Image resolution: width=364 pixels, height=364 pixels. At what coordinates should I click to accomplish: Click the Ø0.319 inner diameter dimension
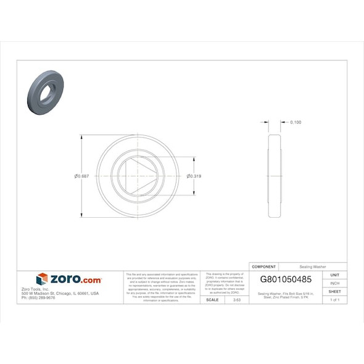194,176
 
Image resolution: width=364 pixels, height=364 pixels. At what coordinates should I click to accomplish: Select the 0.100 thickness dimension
296,122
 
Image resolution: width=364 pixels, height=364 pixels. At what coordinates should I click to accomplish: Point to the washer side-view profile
276,176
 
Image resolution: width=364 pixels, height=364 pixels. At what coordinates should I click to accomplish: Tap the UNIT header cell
335,275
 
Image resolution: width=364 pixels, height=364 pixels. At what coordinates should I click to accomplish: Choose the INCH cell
335,283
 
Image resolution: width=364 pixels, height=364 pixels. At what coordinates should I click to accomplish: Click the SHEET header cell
335,291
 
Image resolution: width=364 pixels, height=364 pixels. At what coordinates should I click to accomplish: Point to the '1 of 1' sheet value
335,299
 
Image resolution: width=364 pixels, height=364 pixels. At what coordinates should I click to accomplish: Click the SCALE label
212,299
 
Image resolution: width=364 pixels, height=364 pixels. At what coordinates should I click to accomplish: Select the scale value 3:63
236,299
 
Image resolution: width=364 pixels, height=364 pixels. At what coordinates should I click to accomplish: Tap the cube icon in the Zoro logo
42,279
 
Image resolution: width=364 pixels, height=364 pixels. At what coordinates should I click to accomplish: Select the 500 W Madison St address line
60,293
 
